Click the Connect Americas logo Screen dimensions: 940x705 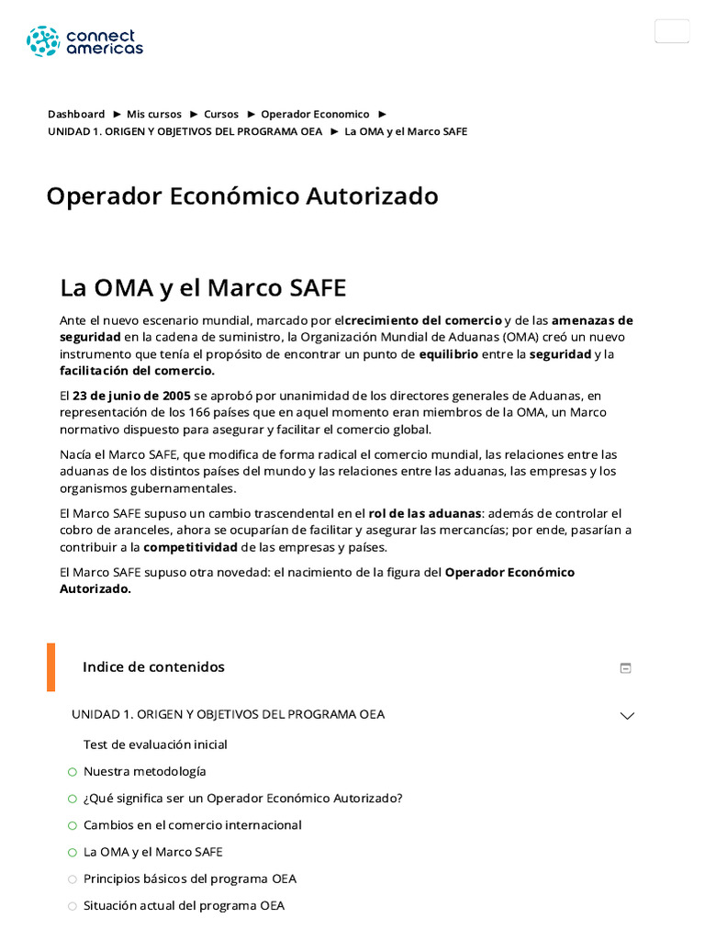(x=84, y=41)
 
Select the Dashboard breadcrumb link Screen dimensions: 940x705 (x=76, y=115)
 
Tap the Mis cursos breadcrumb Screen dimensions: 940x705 (x=154, y=115)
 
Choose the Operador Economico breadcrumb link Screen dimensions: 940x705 (x=315, y=115)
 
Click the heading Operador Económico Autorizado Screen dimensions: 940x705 (x=242, y=196)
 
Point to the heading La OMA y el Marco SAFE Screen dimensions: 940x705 (x=203, y=287)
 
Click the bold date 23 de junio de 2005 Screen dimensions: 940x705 (x=131, y=396)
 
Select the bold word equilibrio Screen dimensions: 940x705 (x=448, y=353)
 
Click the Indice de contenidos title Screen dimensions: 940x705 (x=153, y=667)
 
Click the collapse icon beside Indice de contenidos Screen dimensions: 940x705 (x=626, y=668)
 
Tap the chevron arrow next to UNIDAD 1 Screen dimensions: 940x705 (x=627, y=715)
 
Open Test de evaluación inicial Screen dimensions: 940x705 (x=155, y=744)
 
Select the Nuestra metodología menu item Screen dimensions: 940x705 (x=145, y=771)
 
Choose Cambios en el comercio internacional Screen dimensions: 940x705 (x=193, y=825)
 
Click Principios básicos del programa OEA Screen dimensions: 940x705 (x=190, y=878)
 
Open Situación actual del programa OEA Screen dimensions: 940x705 (x=184, y=906)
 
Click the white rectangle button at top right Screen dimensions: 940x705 (x=672, y=31)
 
